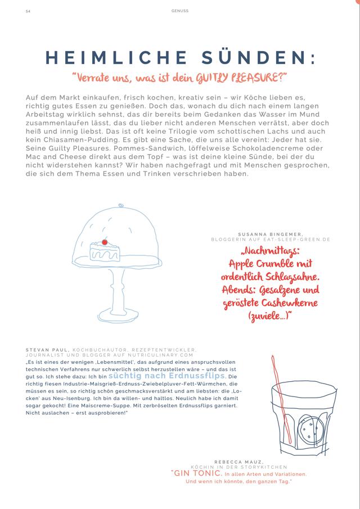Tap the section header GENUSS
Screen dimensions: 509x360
point(180,10)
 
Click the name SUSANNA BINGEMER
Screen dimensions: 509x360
point(271,233)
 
